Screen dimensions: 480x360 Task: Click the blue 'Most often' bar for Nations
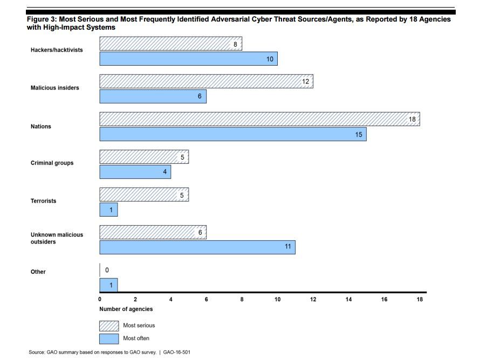[x=233, y=134]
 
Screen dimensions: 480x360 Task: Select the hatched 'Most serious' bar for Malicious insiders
[x=207, y=81]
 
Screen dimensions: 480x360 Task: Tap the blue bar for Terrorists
[x=108, y=210]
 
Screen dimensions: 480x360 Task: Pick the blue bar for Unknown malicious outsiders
[x=197, y=247]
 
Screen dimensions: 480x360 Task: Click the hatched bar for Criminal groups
[x=144, y=157]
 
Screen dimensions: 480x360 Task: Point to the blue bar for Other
[x=108, y=285]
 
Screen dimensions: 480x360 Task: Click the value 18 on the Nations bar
[x=412, y=119]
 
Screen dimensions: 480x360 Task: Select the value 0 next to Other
[x=107, y=270]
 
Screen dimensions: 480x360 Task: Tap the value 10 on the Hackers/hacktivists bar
[x=270, y=59]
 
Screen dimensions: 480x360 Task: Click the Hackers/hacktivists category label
[x=57, y=50]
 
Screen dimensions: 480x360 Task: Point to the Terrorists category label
[x=44, y=201]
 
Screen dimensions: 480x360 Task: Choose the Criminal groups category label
[x=52, y=163]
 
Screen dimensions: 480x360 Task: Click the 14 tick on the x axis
[x=348, y=300]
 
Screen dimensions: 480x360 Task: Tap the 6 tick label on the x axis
[x=207, y=300]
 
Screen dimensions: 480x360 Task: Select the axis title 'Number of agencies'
[x=126, y=309]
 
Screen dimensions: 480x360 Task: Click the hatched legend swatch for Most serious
[x=109, y=326]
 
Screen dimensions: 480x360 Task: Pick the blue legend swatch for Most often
[x=109, y=339]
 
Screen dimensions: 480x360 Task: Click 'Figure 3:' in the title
[x=42, y=19]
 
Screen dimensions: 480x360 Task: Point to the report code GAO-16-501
[x=177, y=352]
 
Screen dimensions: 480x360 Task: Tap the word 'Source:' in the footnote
[x=37, y=352]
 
